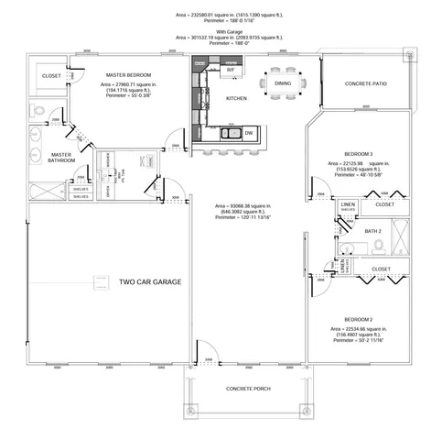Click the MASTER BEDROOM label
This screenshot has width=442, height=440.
pos(128,75)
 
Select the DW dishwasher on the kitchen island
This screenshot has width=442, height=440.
pos(248,134)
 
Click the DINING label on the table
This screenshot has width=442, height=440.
pos(283,83)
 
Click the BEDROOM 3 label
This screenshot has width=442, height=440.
pos(358,152)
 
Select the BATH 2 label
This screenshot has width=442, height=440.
pos(372,231)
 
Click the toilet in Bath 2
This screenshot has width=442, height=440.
pos(345,250)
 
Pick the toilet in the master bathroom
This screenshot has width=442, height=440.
pos(38,112)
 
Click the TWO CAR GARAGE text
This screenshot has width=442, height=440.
pos(151,281)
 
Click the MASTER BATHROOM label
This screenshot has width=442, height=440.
pos(61,159)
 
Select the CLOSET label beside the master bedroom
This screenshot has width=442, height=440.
pos(51,76)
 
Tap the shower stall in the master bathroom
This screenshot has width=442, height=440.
pos(39,192)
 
